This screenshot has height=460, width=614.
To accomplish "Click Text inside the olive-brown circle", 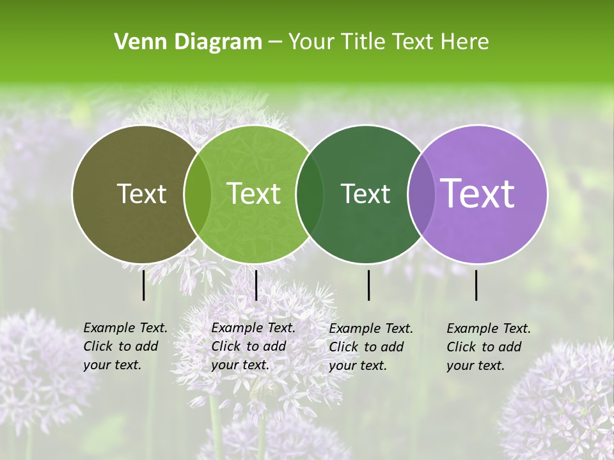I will click(141, 194).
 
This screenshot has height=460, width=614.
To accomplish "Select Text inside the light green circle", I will click(254, 194).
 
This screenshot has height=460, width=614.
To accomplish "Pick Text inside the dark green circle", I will click(365, 194).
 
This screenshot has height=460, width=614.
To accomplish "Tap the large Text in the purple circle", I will click(478, 194).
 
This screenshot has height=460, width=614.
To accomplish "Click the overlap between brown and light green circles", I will click(198, 194).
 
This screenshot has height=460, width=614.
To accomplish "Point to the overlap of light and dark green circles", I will click(310, 194).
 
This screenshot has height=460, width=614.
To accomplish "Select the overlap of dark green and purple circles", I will click(421, 194).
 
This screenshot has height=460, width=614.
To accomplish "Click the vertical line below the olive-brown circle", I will click(143, 285).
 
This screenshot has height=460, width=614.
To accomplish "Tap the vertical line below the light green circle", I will click(256, 285).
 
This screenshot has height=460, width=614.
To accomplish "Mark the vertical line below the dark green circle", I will click(368, 285).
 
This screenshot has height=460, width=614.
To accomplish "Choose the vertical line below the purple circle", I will click(476, 285).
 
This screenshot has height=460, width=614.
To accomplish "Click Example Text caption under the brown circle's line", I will click(125, 328).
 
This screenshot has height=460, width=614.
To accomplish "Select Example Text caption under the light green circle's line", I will click(253, 328).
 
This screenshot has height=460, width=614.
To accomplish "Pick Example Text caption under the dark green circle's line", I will click(371, 328).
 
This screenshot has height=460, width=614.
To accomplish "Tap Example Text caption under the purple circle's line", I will click(489, 328).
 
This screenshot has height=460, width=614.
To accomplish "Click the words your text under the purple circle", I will click(475, 365).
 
